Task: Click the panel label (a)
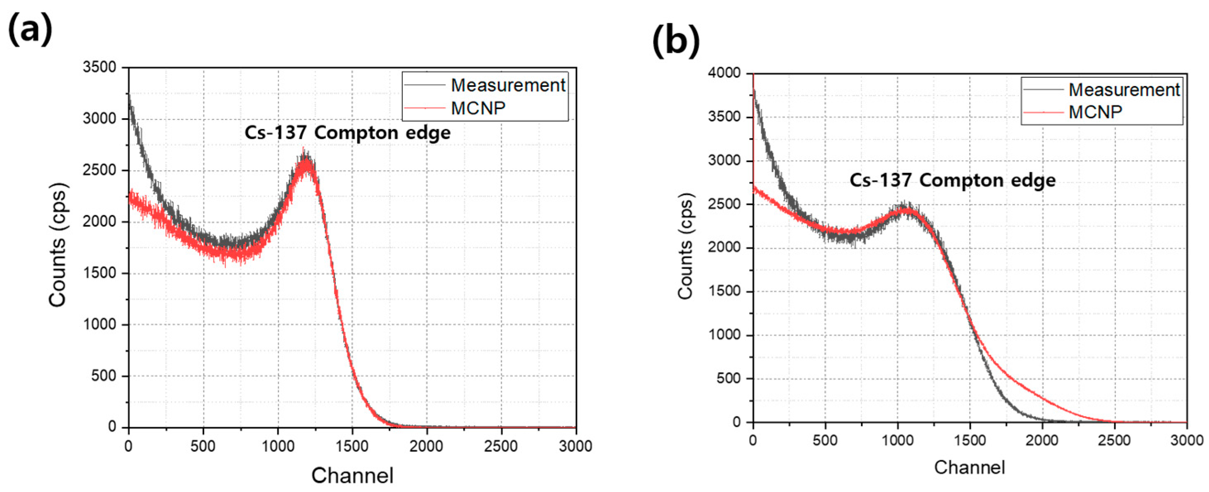[x=30, y=29]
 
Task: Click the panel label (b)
[x=676, y=41]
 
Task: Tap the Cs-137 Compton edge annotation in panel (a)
[x=347, y=133]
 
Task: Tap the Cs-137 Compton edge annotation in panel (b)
[x=952, y=180]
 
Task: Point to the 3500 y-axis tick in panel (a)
[x=100, y=67]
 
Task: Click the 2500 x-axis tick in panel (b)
[x=1114, y=440]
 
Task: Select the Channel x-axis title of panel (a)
[x=352, y=475]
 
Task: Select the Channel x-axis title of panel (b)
[x=969, y=467]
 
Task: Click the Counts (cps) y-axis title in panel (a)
[x=58, y=245]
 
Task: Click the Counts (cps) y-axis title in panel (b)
[x=686, y=246]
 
